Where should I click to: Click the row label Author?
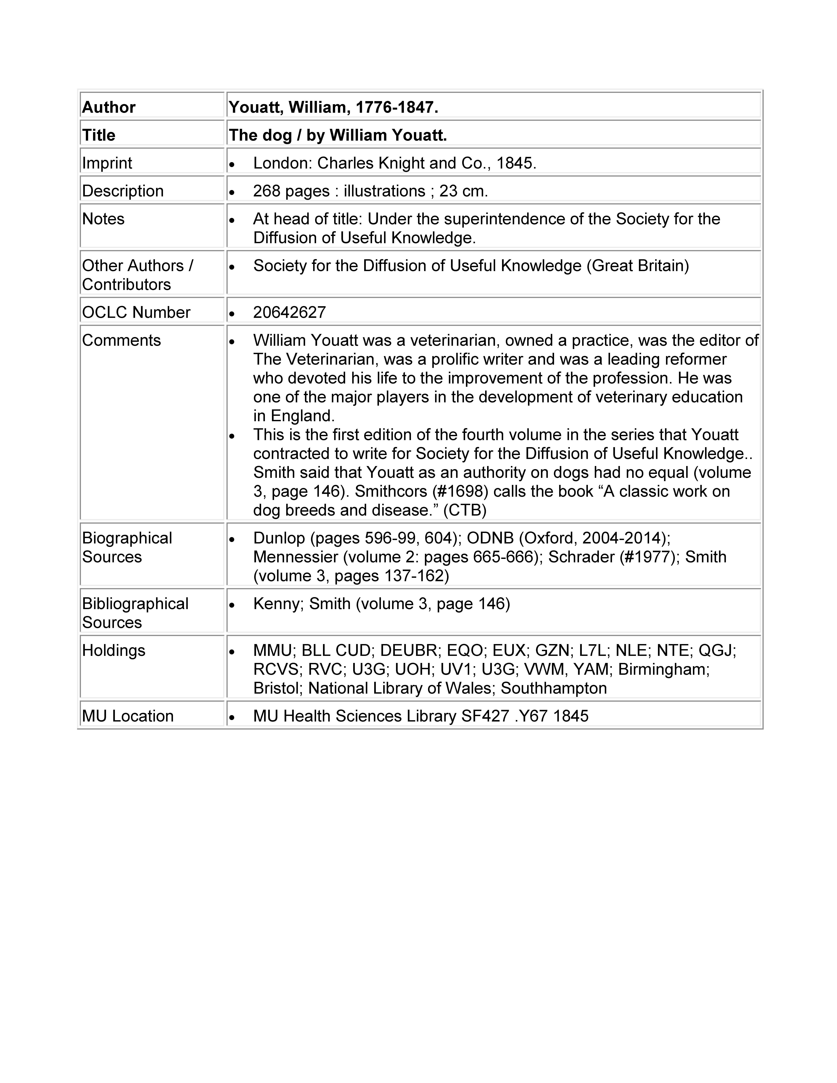[x=109, y=107]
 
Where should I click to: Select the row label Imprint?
[x=107, y=163]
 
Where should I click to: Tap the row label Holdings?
[x=114, y=650]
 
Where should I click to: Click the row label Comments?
[x=121, y=340]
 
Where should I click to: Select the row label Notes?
[x=103, y=219]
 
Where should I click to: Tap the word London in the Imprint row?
[x=281, y=163]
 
